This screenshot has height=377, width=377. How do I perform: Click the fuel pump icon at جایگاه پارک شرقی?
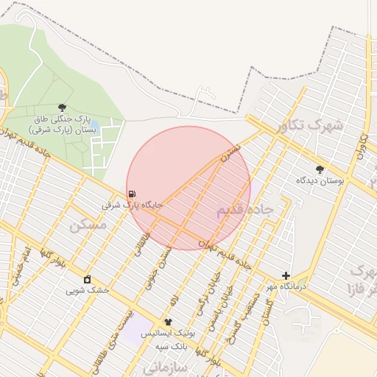[x=132, y=195]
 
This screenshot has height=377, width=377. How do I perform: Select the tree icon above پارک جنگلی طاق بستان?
[x=61, y=108]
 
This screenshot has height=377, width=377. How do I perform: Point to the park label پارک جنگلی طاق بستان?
[x=62, y=124]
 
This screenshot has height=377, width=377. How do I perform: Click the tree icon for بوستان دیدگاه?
[x=320, y=169]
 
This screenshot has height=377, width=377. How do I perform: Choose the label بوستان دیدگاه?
[x=320, y=180]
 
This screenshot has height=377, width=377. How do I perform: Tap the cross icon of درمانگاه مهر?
[x=286, y=275]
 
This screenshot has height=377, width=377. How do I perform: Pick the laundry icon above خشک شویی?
[x=88, y=279]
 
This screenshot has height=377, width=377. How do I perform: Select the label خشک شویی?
[x=88, y=290]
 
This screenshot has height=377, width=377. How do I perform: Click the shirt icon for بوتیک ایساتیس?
[x=168, y=322]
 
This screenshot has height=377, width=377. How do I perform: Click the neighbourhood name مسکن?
[x=88, y=225]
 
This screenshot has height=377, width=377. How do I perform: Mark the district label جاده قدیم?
[x=244, y=211]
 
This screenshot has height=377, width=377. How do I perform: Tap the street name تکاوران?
[x=362, y=147]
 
